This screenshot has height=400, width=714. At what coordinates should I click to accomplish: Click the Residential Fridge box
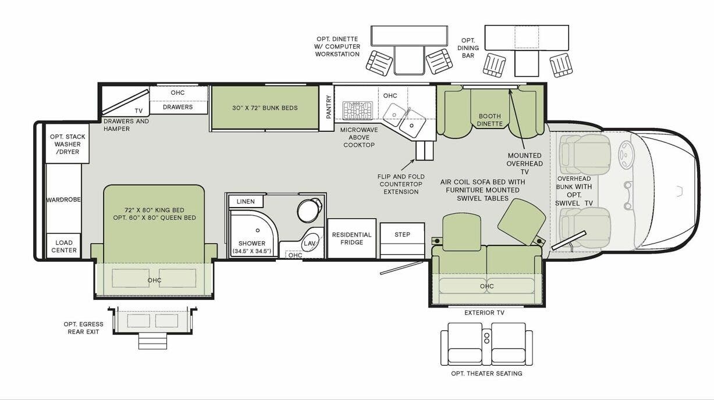pos(351,238)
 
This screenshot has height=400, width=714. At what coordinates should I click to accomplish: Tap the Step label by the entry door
pos(402,234)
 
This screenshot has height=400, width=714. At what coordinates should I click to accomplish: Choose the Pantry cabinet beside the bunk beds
pos(329,107)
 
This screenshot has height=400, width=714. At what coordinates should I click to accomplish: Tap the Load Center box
pos(64,247)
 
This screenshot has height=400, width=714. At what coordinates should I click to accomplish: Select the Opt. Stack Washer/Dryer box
pos(64,144)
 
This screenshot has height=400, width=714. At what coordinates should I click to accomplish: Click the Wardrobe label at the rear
pos(64,199)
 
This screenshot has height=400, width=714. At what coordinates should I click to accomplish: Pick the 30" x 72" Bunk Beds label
pos(265,108)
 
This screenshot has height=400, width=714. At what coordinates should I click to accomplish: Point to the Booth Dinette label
pos(489,119)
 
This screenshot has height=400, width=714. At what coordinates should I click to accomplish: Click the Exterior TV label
pos(484,313)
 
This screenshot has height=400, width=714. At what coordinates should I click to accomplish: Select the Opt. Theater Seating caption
pos(486,373)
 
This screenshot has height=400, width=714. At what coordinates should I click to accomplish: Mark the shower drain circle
pos(257,231)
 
